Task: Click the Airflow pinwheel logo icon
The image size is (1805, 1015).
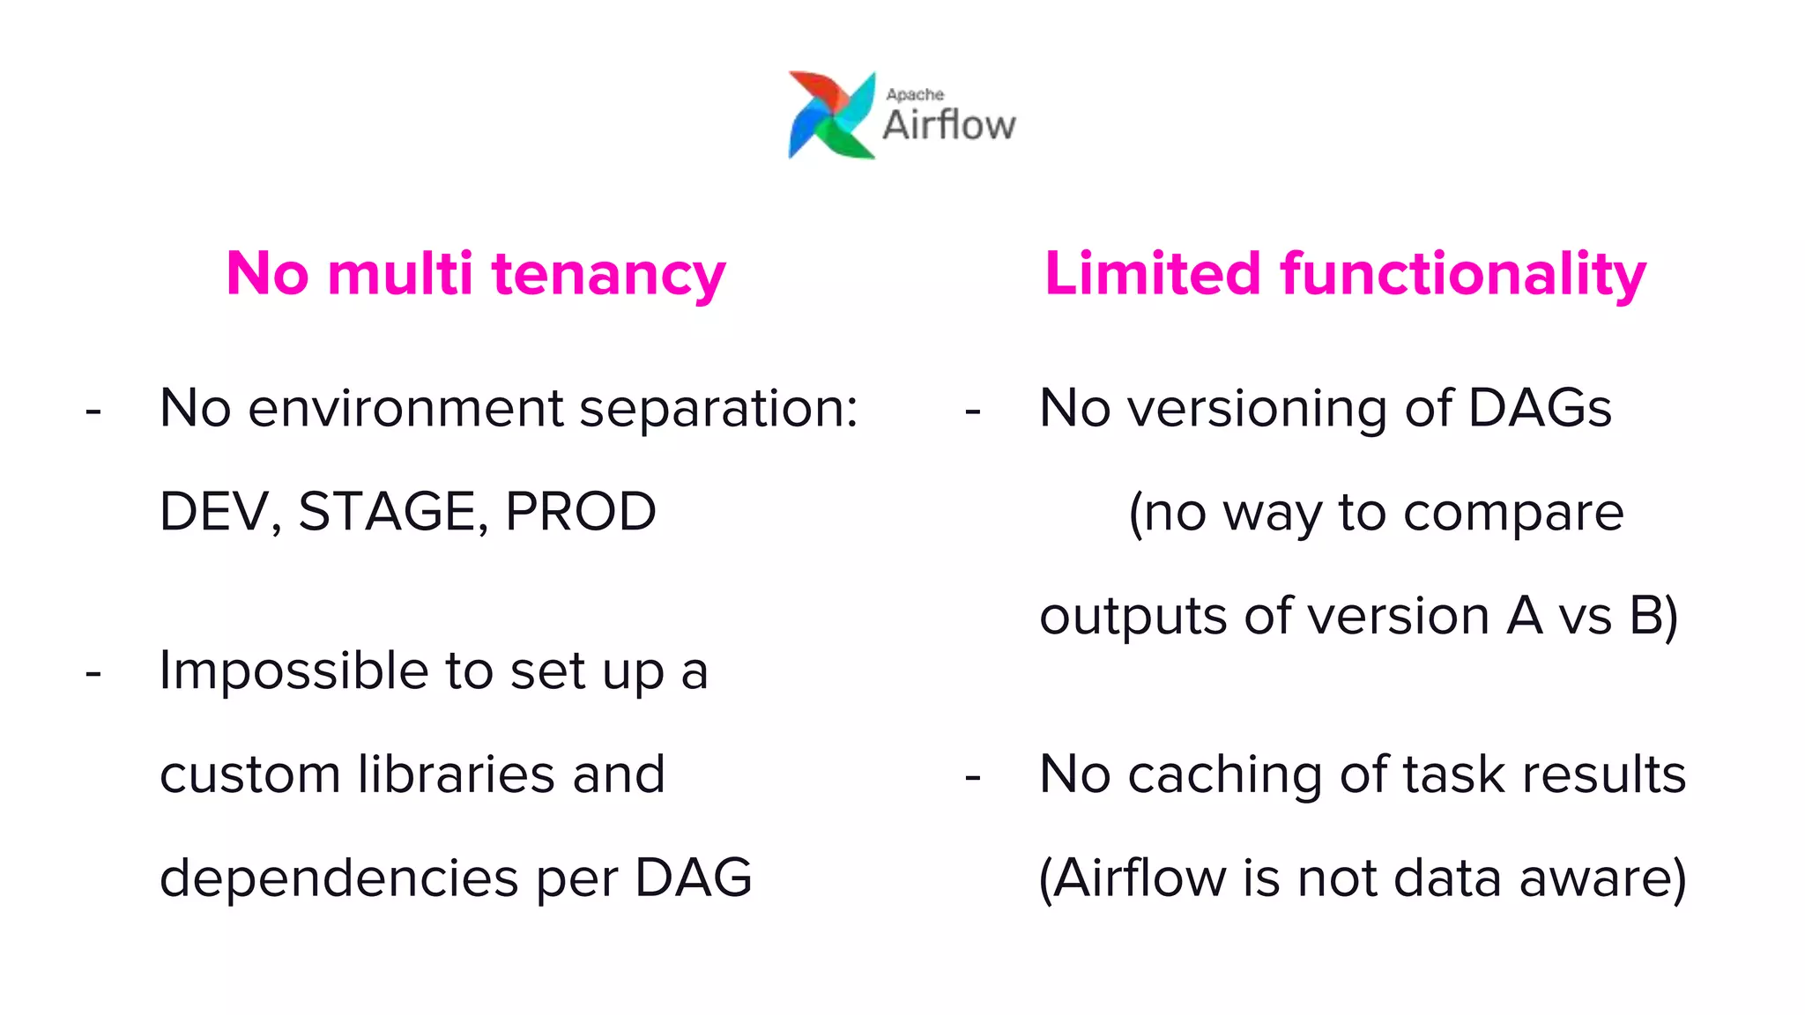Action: (x=831, y=115)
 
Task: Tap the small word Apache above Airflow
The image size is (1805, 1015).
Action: (x=915, y=94)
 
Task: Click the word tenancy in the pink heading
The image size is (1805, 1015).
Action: (x=608, y=274)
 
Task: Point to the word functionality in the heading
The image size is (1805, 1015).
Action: (x=1463, y=274)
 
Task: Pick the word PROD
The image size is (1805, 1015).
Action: (x=580, y=512)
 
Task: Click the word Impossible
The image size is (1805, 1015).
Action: (x=293, y=672)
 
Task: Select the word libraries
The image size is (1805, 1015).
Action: (x=456, y=774)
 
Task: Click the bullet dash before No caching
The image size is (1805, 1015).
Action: (x=973, y=777)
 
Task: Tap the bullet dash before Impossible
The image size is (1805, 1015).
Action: (x=93, y=674)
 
